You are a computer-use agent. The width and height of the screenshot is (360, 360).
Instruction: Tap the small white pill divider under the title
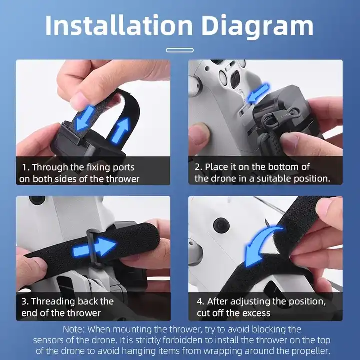click(x=180, y=50)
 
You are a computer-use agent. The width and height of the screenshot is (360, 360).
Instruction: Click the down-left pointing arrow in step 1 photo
click(x=84, y=117)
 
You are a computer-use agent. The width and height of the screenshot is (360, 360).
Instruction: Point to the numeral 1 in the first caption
click(x=24, y=167)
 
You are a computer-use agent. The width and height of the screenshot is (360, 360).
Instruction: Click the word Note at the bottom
click(x=74, y=329)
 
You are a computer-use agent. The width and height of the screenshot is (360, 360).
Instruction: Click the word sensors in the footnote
click(x=49, y=340)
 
